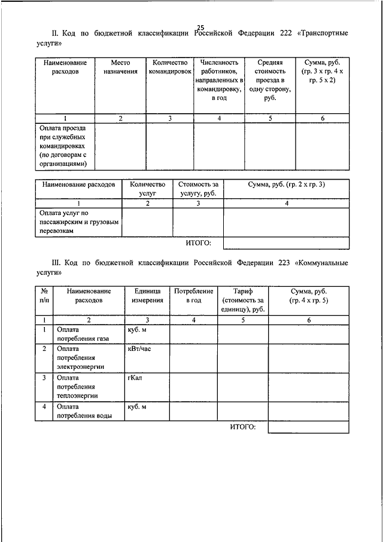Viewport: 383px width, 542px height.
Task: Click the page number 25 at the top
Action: pyautogui.click(x=200, y=26)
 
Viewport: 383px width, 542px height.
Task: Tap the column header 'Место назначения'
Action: pyautogui.click(x=120, y=66)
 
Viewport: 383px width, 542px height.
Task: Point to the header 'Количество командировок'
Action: pyautogui.click(x=170, y=66)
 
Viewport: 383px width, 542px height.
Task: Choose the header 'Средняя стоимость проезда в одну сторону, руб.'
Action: pyautogui.click(x=270, y=80)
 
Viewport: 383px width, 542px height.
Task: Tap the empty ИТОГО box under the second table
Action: pyautogui.click(x=286, y=243)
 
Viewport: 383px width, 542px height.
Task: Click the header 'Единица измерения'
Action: pyautogui.click(x=147, y=295)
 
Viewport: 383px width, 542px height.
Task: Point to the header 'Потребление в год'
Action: pyautogui.click(x=193, y=295)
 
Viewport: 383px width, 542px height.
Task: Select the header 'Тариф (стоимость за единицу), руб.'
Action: pyautogui.click(x=242, y=299)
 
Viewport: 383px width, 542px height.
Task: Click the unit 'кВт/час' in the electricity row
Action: pyautogui.click(x=139, y=349)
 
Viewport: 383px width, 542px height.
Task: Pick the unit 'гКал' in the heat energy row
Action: pyautogui.click(x=134, y=378)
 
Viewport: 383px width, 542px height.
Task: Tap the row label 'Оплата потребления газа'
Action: pyautogui.click(x=83, y=334)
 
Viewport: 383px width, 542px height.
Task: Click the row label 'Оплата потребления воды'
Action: pyautogui.click(x=83, y=412)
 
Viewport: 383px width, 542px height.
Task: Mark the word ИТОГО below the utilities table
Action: pyautogui.click(x=242, y=426)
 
